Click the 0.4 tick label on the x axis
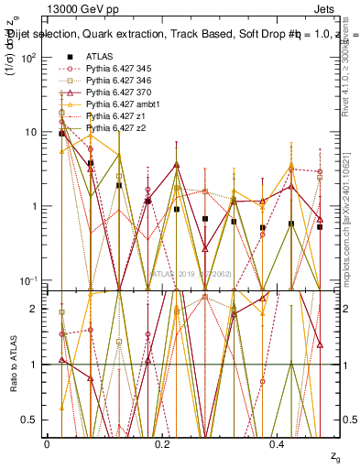(278, 443)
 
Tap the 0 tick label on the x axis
(47, 443)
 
